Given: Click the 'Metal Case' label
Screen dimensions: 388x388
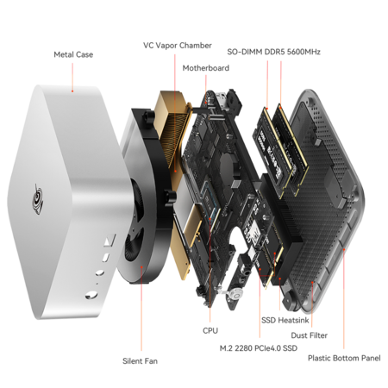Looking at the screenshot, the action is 73,54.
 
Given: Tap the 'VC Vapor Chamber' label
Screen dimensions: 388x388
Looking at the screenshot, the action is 178,46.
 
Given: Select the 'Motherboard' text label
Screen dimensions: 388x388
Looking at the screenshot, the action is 206,68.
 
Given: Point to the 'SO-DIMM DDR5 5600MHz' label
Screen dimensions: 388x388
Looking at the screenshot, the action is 273,52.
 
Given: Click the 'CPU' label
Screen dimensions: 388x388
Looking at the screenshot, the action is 210,330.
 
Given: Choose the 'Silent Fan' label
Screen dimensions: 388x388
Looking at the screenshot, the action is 140,361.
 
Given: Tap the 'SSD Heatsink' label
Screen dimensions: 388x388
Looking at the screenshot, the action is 285,320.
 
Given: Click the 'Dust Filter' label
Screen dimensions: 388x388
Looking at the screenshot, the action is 310,335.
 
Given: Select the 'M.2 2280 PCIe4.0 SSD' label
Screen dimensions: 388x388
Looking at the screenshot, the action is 259,348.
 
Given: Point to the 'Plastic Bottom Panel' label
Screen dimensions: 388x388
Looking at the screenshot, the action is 344,358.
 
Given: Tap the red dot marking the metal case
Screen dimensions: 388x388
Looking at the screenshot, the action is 72,91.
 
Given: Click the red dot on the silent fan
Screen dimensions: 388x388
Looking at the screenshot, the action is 141,266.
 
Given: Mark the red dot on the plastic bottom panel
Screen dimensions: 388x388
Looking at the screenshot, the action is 344,249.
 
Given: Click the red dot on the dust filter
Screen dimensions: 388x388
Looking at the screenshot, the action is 312,283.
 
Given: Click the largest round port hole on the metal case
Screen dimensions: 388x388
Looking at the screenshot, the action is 91,295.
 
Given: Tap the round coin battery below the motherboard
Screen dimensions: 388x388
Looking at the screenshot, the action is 236,294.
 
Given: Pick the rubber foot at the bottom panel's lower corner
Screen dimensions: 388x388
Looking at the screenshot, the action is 291,303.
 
